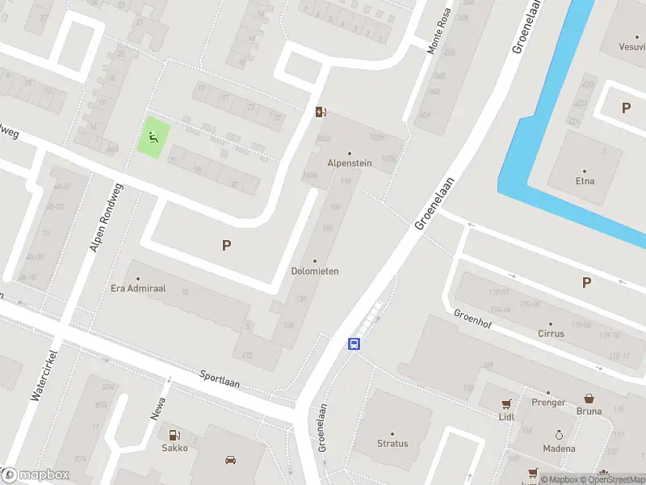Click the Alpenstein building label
pos(349,162)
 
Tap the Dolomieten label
pos(314,271)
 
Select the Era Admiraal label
pos(137,289)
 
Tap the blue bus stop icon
pos(354,344)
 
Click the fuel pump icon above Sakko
pos(174,434)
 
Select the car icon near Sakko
pos(230,460)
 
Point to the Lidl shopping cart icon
pos(506,404)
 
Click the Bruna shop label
pos(589,411)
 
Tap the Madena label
pos(559,449)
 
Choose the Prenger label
pos(547,402)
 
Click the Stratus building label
pos(392,443)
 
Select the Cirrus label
pos(551,333)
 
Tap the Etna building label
pos(585,180)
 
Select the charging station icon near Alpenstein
pos(321,112)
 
